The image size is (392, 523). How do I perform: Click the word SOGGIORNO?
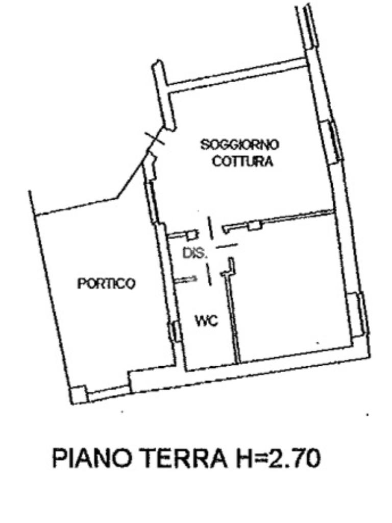pos(240,145)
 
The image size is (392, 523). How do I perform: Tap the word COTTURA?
pos(242,161)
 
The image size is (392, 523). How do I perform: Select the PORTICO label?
pos(107,284)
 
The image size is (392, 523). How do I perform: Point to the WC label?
pos(207,321)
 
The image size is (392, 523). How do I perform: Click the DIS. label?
pos(195,253)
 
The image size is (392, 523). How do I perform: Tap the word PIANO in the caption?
pos(92,458)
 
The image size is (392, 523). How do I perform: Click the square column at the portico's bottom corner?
pos(79,395)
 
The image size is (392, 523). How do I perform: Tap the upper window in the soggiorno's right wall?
pos(332,142)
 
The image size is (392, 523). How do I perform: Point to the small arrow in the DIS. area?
pos(186,279)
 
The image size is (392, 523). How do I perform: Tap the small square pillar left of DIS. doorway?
pos(192,235)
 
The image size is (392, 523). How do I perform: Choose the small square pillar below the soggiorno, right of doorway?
pos(255,225)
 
